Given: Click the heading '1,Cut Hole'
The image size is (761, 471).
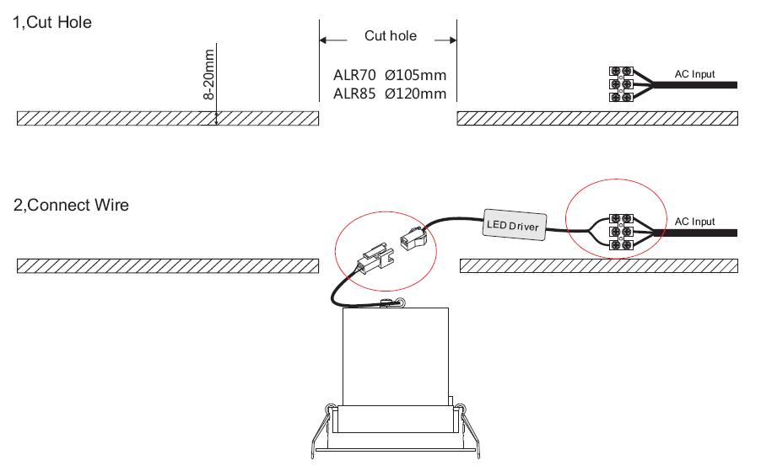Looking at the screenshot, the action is [x=52, y=22].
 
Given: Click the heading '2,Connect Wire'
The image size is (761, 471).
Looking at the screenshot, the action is [x=71, y=205].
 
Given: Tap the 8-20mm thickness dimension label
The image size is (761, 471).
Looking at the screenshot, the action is [x=208, y=74].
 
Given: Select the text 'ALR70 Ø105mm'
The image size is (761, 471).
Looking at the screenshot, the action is [x=390, y=75].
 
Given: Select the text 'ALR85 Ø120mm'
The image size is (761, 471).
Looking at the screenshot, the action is [x=390, y=94].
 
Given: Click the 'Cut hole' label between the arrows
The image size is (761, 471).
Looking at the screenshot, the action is [x=391, y=36].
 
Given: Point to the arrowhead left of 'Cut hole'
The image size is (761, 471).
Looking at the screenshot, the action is [x=323, y=40].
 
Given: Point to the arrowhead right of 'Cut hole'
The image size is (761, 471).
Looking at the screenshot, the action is [x=452, y=40].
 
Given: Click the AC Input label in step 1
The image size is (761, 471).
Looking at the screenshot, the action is [x=694, y=74].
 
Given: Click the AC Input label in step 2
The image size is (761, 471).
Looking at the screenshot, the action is [x=694, y=222].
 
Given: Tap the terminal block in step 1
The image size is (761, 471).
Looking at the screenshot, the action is [x=621, y=84].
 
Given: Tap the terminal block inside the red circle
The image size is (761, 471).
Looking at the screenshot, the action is [x=621, y=232].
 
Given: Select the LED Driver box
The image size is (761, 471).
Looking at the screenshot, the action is [x=515, y=224].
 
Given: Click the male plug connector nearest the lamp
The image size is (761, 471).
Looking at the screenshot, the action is [x=375, y=260].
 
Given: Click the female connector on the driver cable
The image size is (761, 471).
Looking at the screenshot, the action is [x=413, y=238].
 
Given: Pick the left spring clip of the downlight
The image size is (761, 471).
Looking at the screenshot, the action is [x=321, y=431].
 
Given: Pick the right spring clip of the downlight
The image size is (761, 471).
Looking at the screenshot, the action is [x=468, y=431].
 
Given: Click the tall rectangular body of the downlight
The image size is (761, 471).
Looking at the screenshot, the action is [x=396, y=356].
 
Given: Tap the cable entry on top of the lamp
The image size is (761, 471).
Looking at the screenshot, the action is [x=392, y=303].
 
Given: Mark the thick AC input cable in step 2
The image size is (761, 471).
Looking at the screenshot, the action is [x=696, y=233].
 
